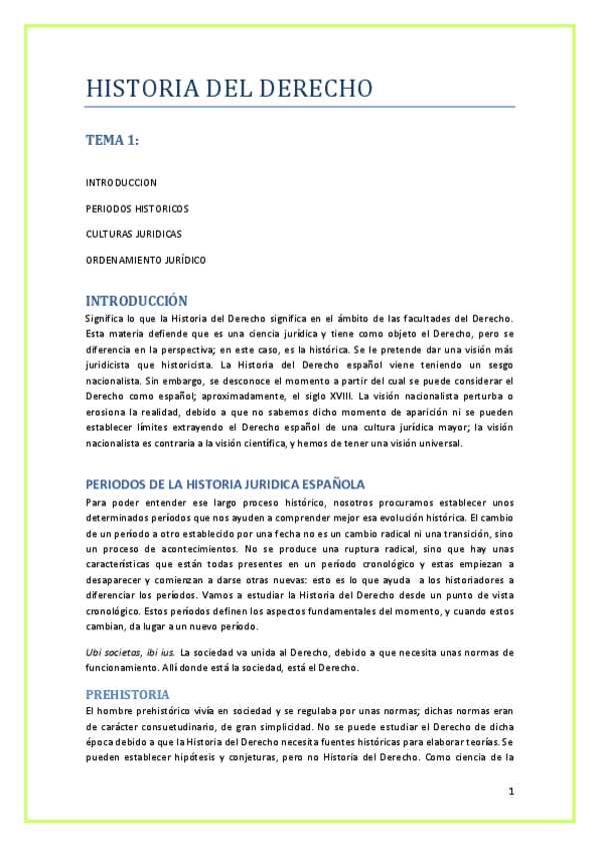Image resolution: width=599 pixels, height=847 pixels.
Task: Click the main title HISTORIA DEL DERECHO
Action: coord(229,89)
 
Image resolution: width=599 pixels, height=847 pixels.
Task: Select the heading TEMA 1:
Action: coord(111,141)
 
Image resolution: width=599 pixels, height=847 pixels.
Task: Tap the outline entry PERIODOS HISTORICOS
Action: coord(136,209)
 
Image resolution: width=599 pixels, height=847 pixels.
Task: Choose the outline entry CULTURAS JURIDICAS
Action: coord(133,234)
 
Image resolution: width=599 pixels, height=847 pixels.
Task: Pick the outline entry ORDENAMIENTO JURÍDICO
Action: coord(145,260)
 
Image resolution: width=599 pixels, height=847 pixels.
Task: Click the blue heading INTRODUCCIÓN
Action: coord(136,300)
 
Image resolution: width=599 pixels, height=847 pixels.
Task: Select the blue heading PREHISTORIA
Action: coord(127,693)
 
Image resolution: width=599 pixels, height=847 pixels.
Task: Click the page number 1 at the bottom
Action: coord(510,792)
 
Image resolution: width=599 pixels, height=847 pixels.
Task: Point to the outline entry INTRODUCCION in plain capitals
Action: coord(121,183)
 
